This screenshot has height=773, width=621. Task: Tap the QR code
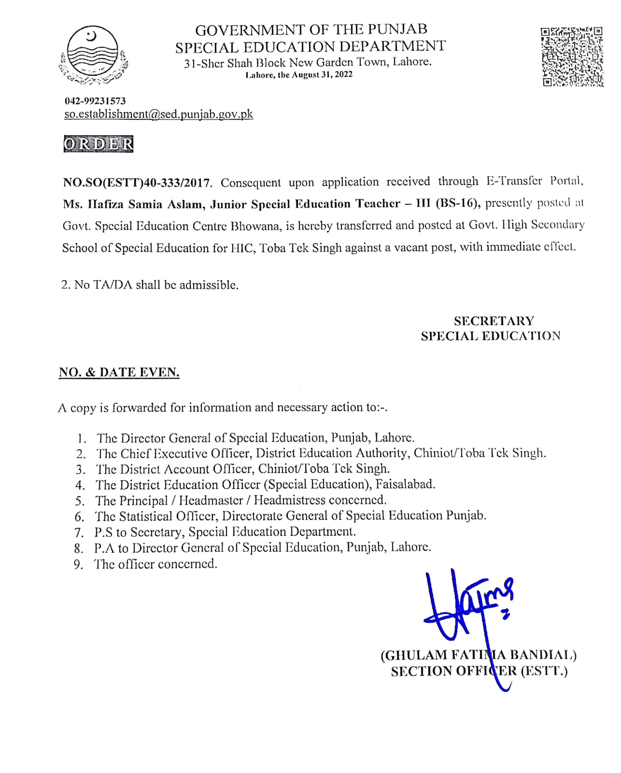click(x=572, y=57)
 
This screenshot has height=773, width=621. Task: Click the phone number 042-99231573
click(x=95, y=101)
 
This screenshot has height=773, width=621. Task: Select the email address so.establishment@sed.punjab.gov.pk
click(x=158, y=114)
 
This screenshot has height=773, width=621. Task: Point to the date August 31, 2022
click(x=322, y=75)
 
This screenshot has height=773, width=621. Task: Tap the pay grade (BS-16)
click(x=458, y=203)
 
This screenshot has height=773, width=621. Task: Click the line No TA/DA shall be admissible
click(x=150, y=285)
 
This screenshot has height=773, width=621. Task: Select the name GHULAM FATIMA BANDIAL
click(x=478, y=655)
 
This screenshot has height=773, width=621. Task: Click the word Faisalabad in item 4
click(x=405, y=484)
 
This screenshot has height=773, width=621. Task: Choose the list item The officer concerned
click(x=156, y=564)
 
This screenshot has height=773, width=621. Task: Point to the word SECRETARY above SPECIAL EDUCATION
click(x=494, y=321)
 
